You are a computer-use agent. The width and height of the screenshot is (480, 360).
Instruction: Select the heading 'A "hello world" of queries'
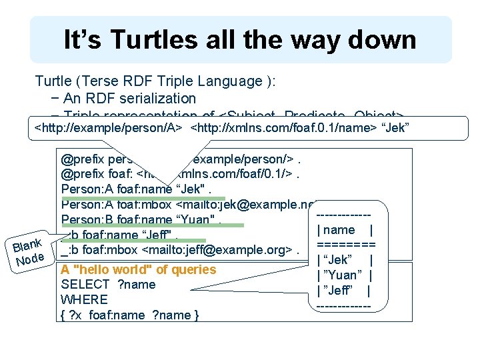tap(138, 269)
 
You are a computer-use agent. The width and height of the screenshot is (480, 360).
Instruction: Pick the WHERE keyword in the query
tap(84, 299)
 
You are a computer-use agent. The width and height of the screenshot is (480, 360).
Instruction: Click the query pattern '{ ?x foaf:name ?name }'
tap(129, 315)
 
